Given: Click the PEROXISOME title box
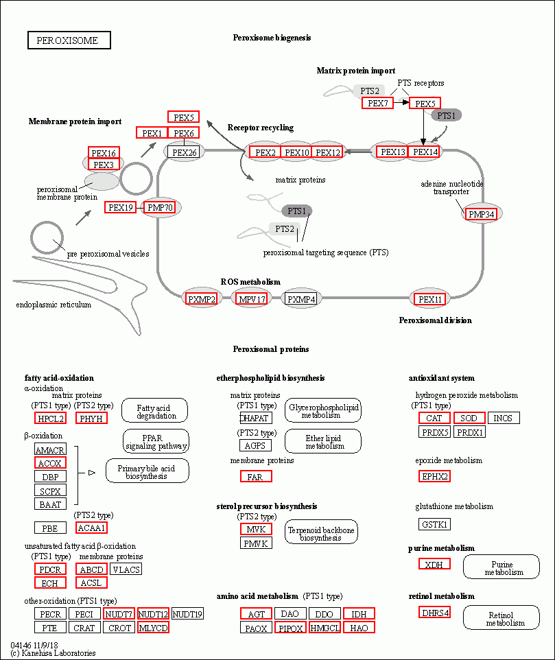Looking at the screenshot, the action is (69, 40).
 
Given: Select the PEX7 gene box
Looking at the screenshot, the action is (377, 103).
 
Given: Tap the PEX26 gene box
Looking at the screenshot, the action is (184, 152).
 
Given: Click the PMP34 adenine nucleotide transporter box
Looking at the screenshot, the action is (481, 214).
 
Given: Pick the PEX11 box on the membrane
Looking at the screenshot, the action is (429, 299).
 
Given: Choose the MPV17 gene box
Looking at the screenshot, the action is (252, 299).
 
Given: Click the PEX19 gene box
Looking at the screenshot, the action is (120, 207).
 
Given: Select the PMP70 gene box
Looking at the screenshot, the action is (159, 207).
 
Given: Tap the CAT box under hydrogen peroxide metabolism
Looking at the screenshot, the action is (434, 418).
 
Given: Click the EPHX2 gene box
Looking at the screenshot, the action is (434, 477).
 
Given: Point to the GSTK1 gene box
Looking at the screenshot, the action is (434, 524).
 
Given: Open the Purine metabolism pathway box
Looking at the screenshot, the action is (501, 567).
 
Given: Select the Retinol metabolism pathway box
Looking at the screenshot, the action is (501, 617).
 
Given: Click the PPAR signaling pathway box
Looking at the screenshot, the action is (156, 441).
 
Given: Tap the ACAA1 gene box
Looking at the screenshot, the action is (91, 528).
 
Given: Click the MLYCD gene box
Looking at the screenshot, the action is (153, 628).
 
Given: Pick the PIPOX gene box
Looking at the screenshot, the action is (290, 628).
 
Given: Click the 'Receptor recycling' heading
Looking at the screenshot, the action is (261, 128).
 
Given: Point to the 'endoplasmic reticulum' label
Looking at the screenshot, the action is (54, 305).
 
